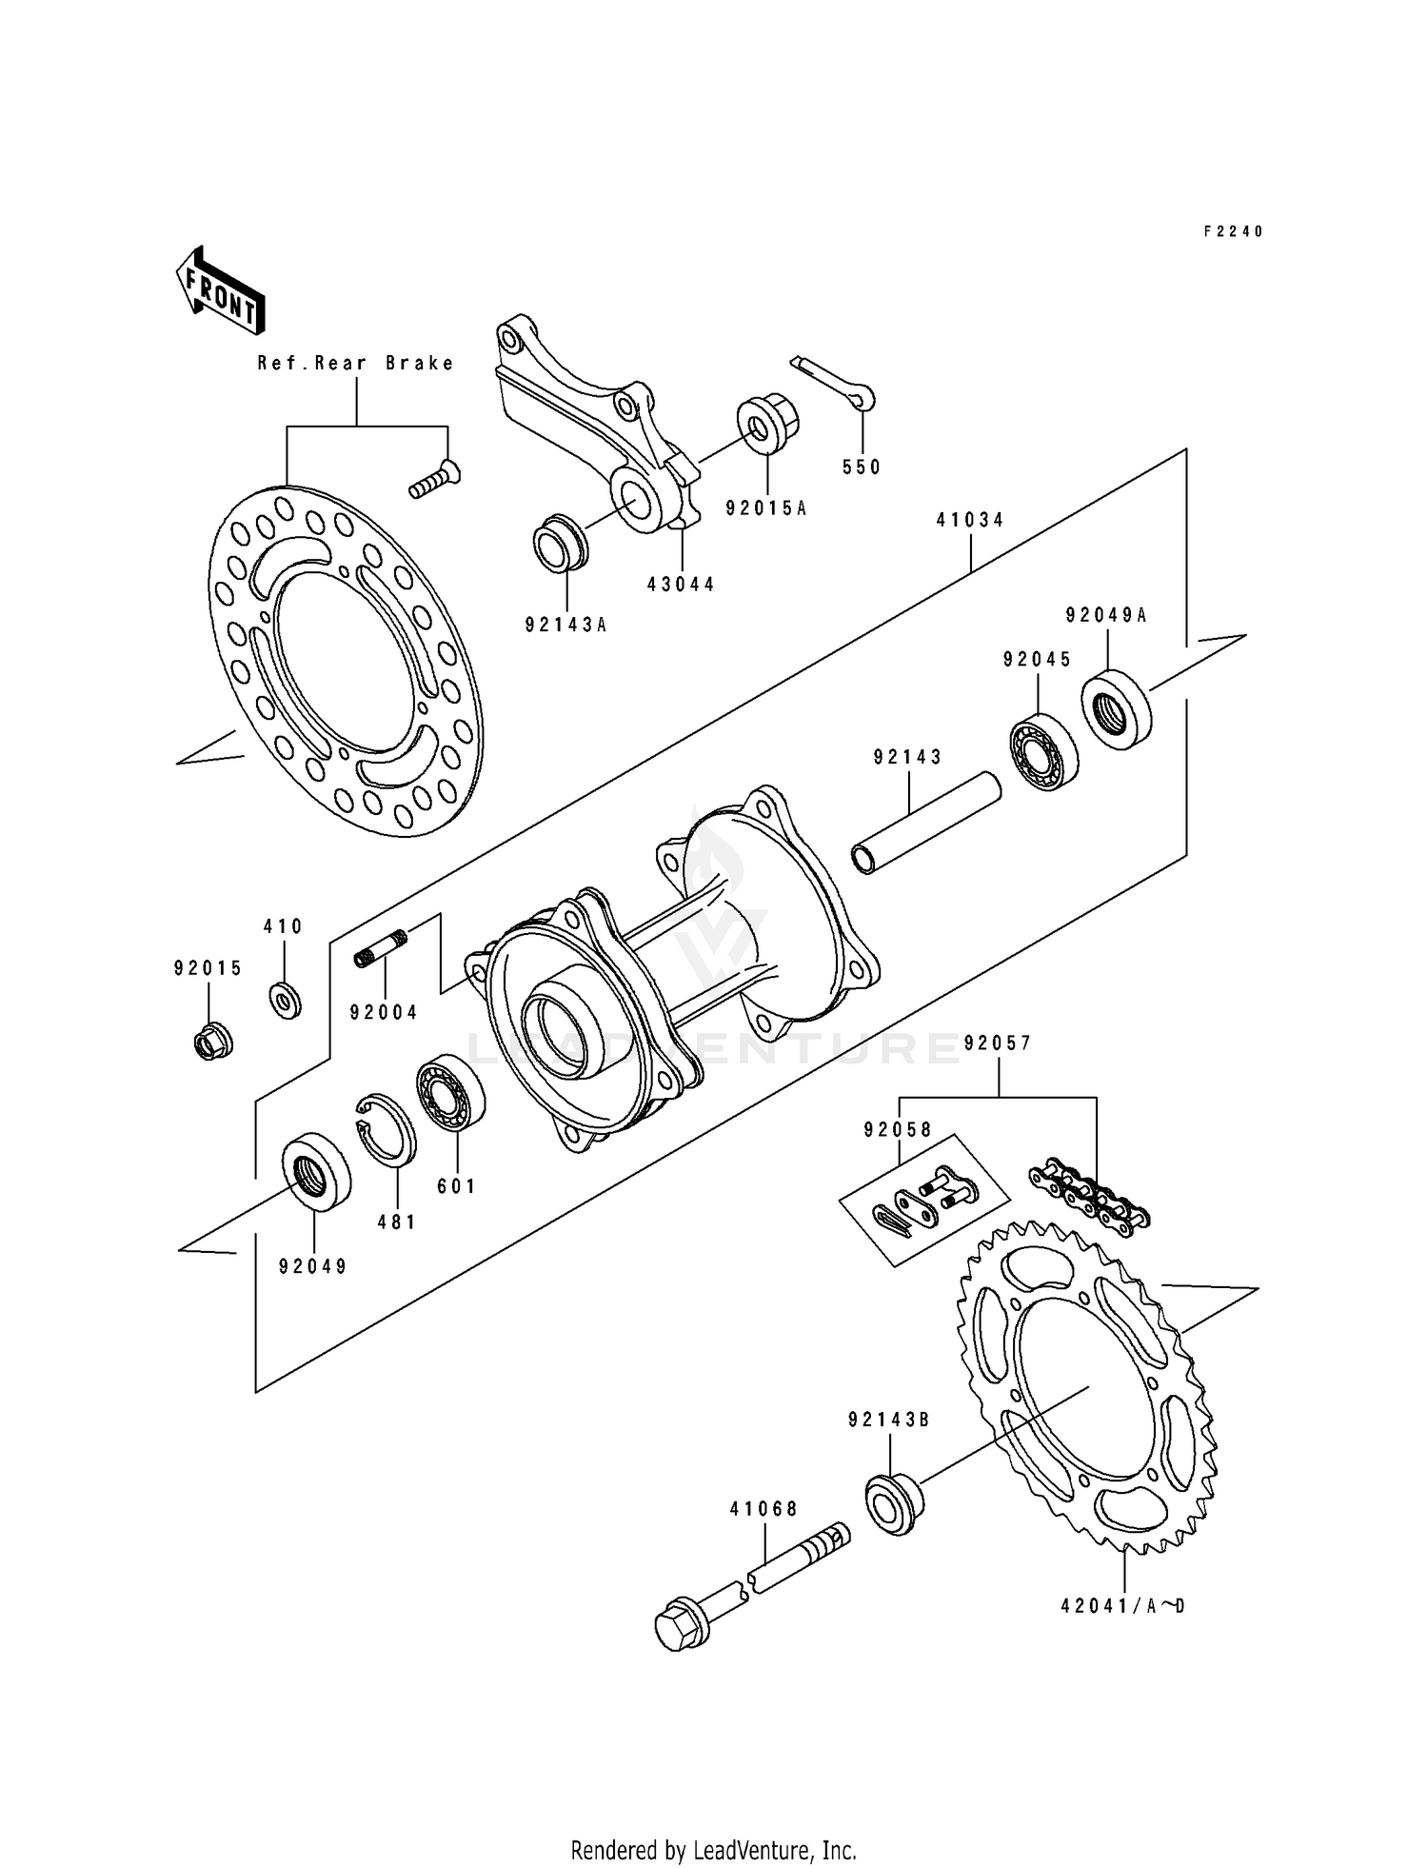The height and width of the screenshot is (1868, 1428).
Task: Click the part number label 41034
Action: pos(970,521)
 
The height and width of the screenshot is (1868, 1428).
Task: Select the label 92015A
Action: pos(765,508)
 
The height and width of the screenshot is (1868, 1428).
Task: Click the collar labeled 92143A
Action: pos(560,543)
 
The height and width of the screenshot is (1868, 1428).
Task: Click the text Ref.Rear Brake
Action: pos(356,363)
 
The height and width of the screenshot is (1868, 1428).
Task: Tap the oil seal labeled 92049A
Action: pos(1117,709)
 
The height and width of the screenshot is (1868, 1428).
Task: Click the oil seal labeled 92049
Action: pos(316,1171)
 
